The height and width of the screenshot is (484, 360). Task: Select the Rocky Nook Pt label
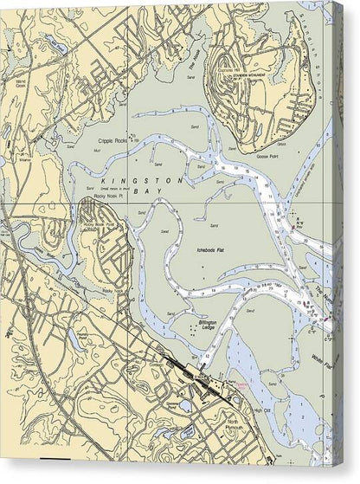pyautogui.click(x=99, y=197)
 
